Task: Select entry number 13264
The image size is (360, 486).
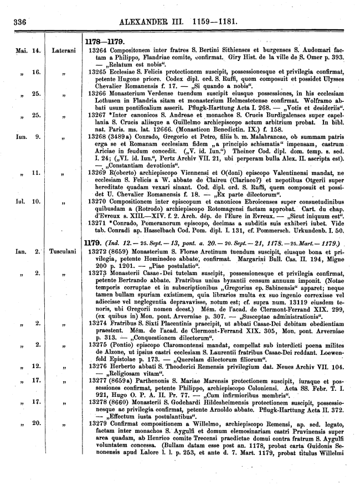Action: pyautogui.click(x=100, y=50)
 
